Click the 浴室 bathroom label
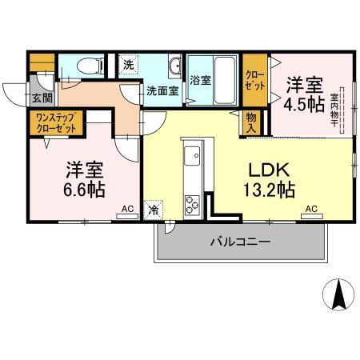pos(200,80)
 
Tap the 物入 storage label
pos(251,122)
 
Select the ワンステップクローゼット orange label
pos(55,124)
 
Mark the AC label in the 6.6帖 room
pos(126,210)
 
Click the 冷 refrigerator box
pos(154,211)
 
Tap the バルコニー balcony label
pos(241,241)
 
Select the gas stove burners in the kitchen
pos(194,203)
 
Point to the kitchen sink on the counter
pos(193,154)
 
